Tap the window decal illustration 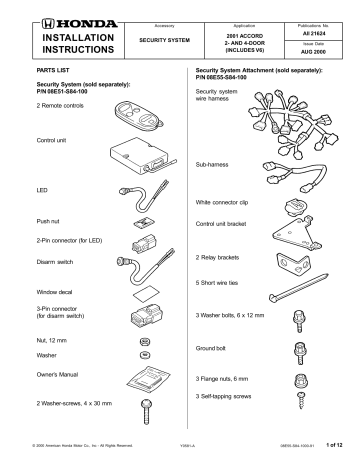point(143,293)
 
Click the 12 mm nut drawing point(144,340)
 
